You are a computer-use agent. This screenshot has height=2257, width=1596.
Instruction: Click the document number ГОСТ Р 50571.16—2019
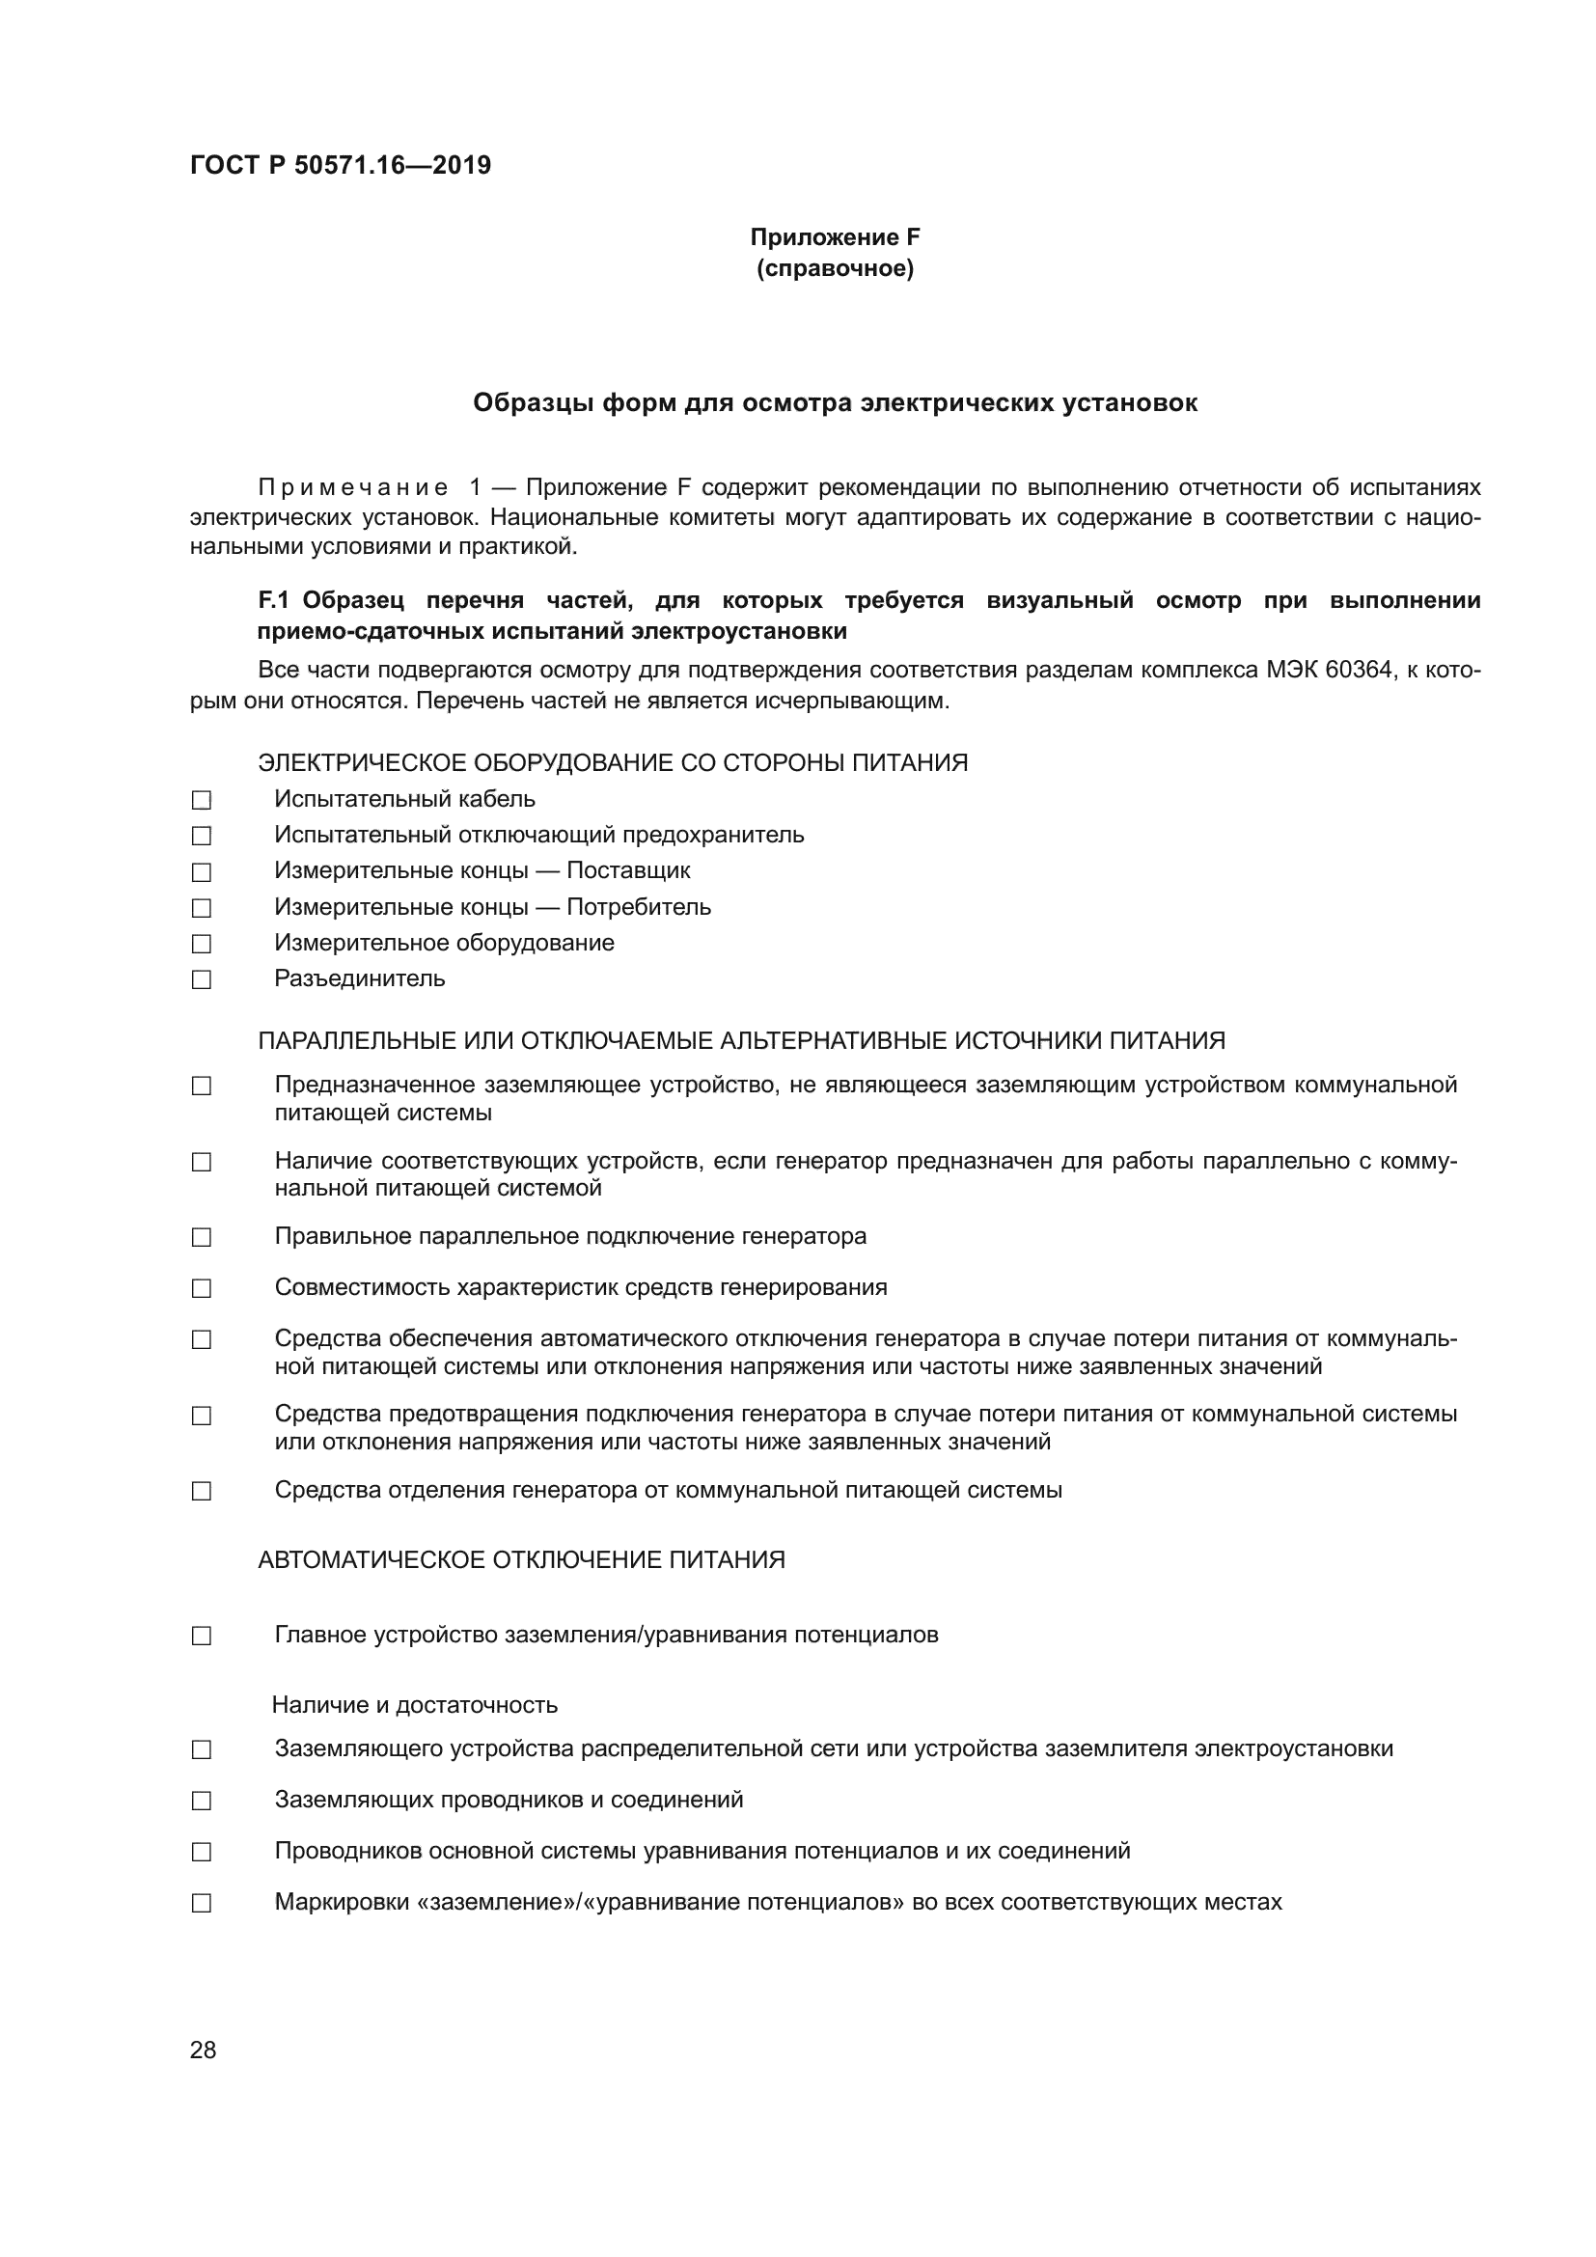(340, 165)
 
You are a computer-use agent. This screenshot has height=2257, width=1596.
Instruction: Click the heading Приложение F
(835, 237)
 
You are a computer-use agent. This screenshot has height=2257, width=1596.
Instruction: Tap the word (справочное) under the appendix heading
(835, 268)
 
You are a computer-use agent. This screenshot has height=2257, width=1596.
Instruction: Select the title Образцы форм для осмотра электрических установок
(835, 403)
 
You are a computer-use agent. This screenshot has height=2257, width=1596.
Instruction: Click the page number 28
(204, 2050)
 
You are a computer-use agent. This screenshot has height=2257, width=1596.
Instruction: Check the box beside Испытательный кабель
(202, 800)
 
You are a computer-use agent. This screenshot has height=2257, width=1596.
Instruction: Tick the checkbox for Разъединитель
(202, 980)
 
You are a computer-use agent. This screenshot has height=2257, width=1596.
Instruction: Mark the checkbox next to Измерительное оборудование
(202, 944)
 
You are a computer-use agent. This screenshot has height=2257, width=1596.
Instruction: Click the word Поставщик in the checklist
(628, 871)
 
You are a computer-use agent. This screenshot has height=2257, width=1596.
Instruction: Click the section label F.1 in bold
(275, 600)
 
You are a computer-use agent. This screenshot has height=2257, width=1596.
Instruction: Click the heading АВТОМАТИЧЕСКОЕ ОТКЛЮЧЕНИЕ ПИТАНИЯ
(521, 1560)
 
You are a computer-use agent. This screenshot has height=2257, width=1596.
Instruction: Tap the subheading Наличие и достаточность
(415, 1704)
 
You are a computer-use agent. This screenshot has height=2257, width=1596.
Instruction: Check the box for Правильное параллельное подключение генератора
(202, 1238)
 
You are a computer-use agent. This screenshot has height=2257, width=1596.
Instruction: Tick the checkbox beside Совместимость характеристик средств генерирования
(202, 1289)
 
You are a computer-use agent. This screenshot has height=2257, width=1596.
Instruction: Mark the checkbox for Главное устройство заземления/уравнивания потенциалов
(202, 1636)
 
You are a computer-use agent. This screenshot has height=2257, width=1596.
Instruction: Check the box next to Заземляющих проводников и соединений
(202, 1801)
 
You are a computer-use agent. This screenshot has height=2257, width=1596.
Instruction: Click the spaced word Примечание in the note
(353, 487)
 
